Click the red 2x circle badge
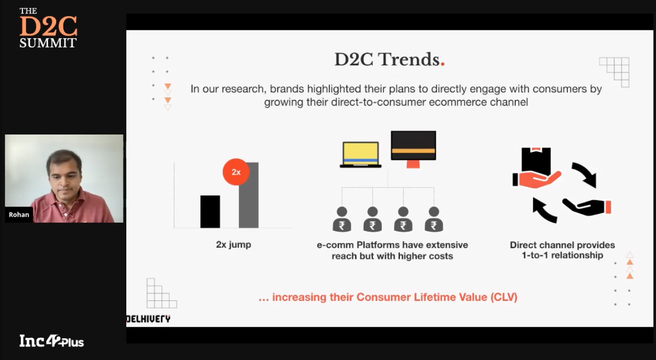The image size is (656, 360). coord(236,172)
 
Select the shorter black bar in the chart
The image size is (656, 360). coord(210,211)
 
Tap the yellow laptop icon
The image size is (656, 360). coord(360,155)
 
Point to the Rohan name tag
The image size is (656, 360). coord(19,215)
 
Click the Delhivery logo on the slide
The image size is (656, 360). coord(148,319)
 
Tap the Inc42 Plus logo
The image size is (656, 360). coord(52,341)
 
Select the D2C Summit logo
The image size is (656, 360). coord(48,28)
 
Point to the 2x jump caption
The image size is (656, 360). coord(233,244)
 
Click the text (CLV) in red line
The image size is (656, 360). coord(504,297)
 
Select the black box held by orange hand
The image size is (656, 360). coord(536,162)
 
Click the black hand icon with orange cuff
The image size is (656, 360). coord(587,207)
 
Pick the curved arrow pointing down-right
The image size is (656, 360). coord(585,174)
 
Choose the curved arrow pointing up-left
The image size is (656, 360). coord(544,210)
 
